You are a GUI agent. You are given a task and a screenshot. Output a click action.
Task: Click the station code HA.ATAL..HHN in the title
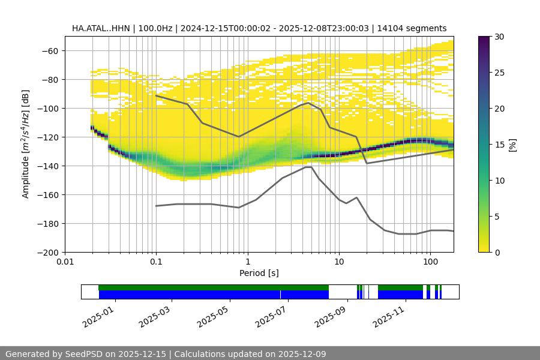coord(99,28)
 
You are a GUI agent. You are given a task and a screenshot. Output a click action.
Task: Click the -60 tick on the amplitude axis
coord(50,51)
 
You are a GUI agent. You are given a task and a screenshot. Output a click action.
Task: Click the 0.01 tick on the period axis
coord(65,262)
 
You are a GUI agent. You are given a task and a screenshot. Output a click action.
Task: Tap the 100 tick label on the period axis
coord(430,262)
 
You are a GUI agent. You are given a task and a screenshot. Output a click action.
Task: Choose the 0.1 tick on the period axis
coord(156,262)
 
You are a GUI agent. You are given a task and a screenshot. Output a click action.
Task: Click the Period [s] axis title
coord(259,273)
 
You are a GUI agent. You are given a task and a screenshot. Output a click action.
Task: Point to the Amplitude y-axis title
coord(26,145)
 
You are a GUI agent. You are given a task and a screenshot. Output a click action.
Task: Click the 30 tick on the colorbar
coord(499,37)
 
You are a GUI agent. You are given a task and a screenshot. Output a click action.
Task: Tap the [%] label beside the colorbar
coord(512,145)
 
